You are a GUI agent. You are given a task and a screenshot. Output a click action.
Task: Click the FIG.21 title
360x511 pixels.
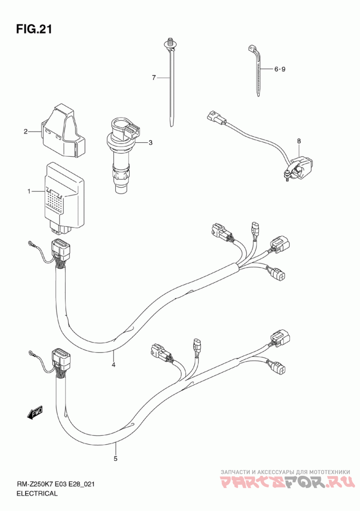[x=34, y=29]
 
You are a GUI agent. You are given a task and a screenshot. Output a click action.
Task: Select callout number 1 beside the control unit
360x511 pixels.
[x=29, y=191]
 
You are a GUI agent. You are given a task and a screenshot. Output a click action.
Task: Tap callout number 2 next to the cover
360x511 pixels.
[x=25, y=131]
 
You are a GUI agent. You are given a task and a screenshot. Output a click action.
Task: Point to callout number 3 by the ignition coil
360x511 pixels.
[x=150, y=142]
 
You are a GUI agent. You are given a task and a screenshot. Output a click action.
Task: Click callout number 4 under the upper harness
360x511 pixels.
[x=113, y=365]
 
